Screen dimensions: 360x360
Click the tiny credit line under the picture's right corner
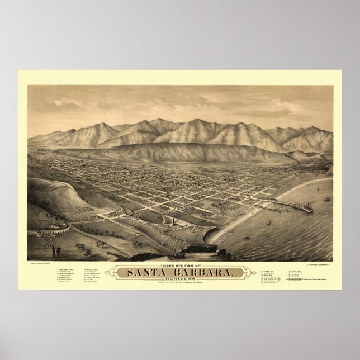click(x=319, y=262)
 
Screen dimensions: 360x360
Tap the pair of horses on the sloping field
click(x=136, y=243)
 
